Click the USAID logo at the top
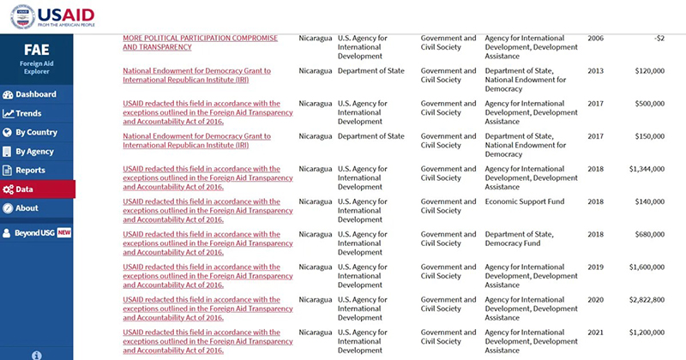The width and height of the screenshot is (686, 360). click(x=52, y=16)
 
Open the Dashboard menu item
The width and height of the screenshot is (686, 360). click(x=35, y=94)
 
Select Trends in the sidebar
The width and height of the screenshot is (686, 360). click(x=28, y=113)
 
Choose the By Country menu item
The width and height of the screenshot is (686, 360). click(x=36, y=133)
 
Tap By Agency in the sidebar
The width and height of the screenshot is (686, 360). click(x=34, y=152)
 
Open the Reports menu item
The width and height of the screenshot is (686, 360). click(x=30, y=171)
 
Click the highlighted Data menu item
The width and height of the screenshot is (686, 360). click(x=24, y=189)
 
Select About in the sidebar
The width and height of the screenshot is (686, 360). click(x=27, y=208)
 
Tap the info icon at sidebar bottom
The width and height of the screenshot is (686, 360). click(x=37, y=354)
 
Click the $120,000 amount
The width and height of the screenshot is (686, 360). click(x=647, y=70)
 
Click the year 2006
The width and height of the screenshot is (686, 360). click(x=595, y=39)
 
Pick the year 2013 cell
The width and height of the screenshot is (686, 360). click(x=595, y=70)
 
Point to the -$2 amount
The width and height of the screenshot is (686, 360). click(x=659, y=39)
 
